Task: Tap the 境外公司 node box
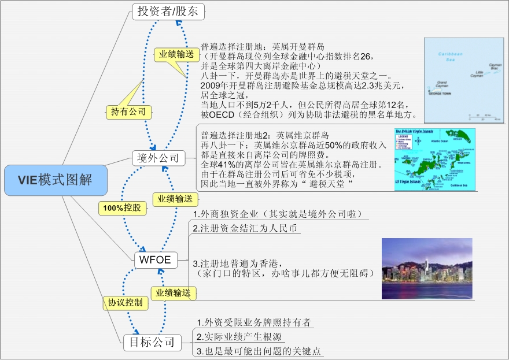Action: pyautogui.click(x=158, y=158)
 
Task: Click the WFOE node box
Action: pyautogui.click(x=156, y=259)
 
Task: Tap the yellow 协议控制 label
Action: pyautogui.click(x=125, y=302)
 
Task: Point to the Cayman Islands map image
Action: pyautogui.click(x=465, y=80)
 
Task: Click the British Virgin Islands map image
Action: pyautogui.click(x=434, y=159)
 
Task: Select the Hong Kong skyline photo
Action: pyautogui.click(x=427, y=269)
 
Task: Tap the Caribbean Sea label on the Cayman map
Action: pyautogui.click(x=451, y=56)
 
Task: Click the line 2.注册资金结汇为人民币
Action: pyautogui.click(x=245, y=228)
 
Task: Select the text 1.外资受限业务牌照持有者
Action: pyautogui.click(x=253, y=322)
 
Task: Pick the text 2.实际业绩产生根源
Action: pyautogui.click(x=239, y=337)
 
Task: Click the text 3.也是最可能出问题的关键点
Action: pyautogui.click(x=259, y=351)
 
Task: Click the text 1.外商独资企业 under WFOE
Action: pyautogui.click(x=279, y=214)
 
